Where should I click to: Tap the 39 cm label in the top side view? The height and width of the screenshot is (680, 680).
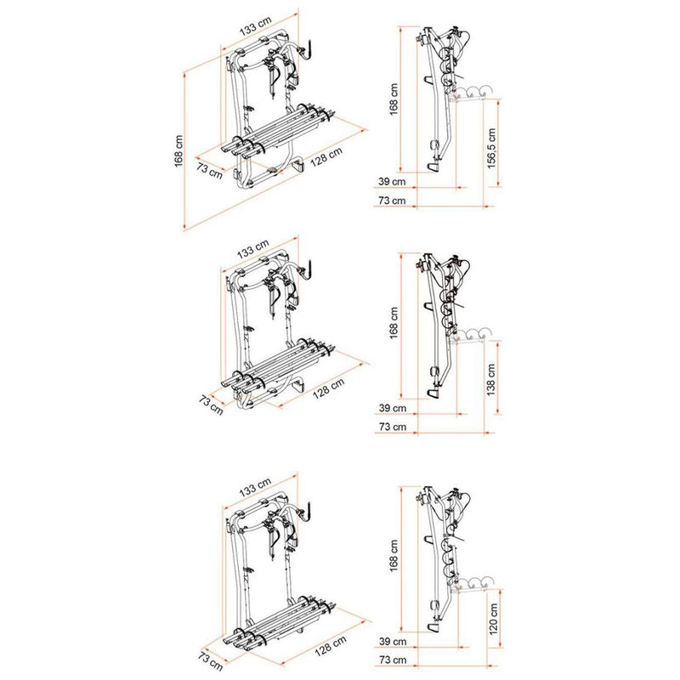pyautogui.click(x=393, y=182)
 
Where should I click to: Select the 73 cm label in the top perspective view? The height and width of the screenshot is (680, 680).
pyautogui.click(x=210, y=169)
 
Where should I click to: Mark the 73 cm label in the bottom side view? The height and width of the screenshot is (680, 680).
pyautogui.click(x=393, y=660)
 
